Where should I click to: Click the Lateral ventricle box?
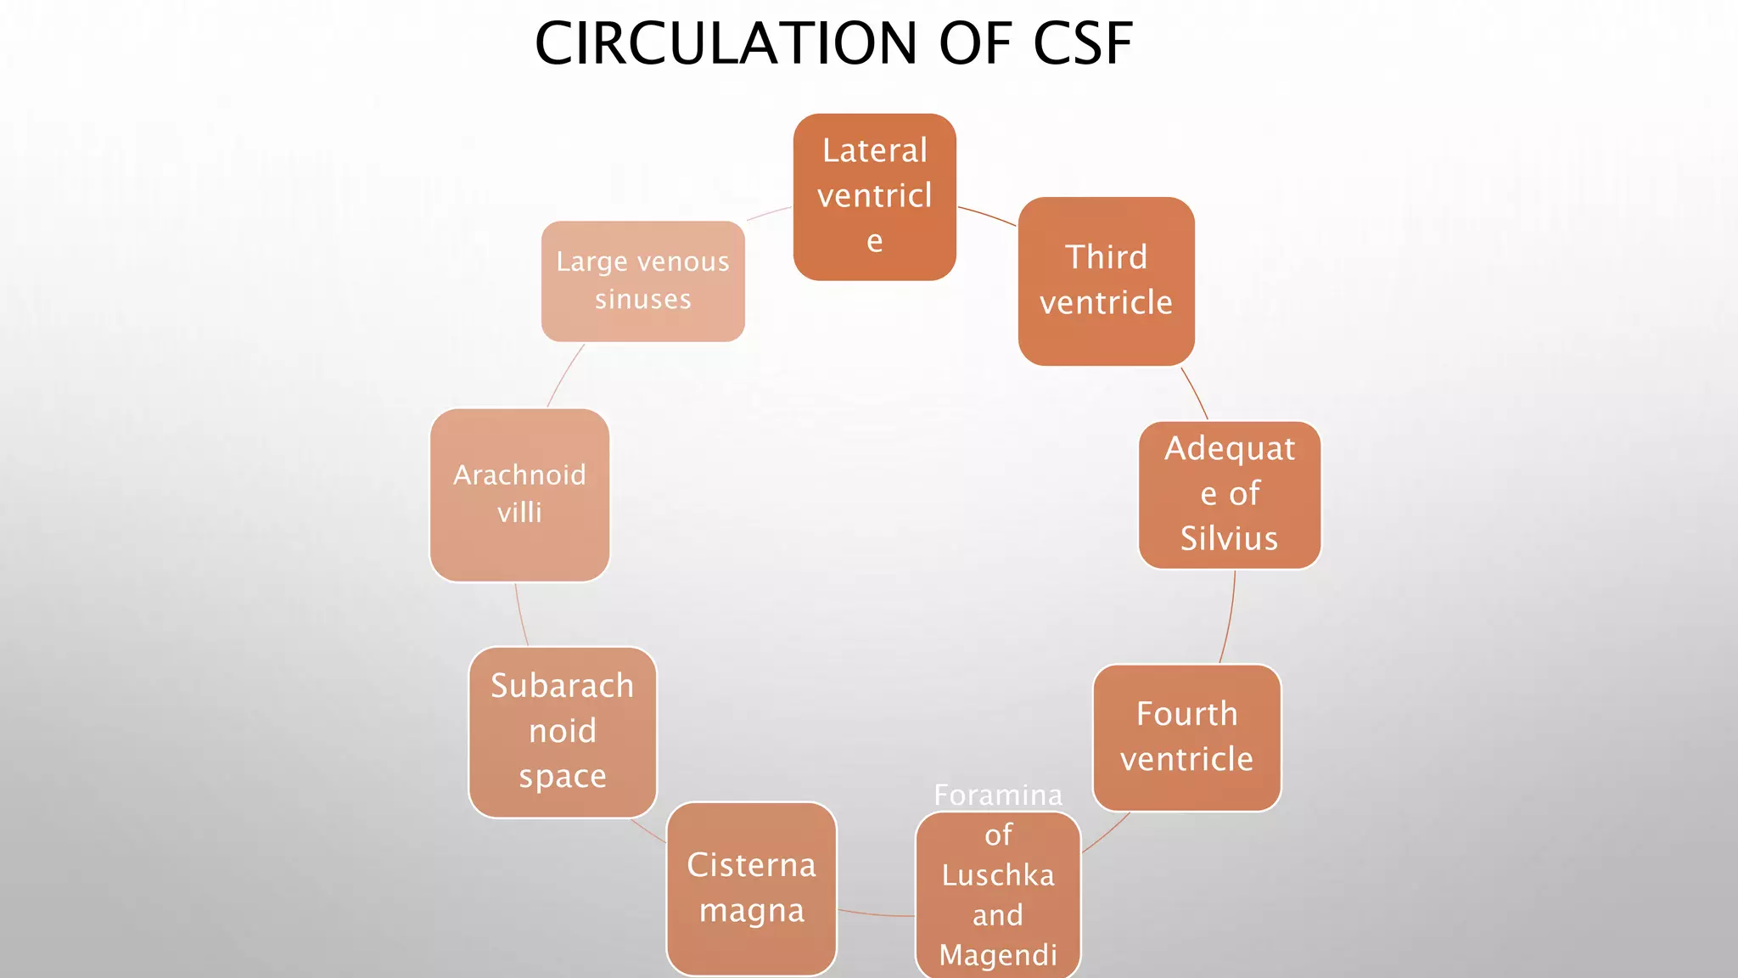(x=874, y=197)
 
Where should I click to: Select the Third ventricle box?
(x=1106, y=281)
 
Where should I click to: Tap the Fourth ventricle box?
(x=1186, y=737)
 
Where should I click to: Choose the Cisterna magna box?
(x=751, y=888)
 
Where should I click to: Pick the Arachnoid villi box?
(x=519, y=495)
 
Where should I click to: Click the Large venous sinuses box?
(x=642, y=281)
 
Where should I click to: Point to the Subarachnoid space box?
(x=562, y=732)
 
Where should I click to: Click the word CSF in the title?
(x=1083, y=43)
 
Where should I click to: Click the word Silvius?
(x=1229, y=538)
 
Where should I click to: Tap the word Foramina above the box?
(x=998, y=795)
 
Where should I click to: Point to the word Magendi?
(x=998, y=955)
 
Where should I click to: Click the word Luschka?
(x=998, y=875)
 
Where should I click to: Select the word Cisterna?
(x=751, y=865)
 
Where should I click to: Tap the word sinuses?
(x=642, y=300)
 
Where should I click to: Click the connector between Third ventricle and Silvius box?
(x=1195, y=393)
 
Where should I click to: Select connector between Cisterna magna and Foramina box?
(x=876, y=914)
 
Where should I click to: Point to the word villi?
(x=519, y=513)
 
